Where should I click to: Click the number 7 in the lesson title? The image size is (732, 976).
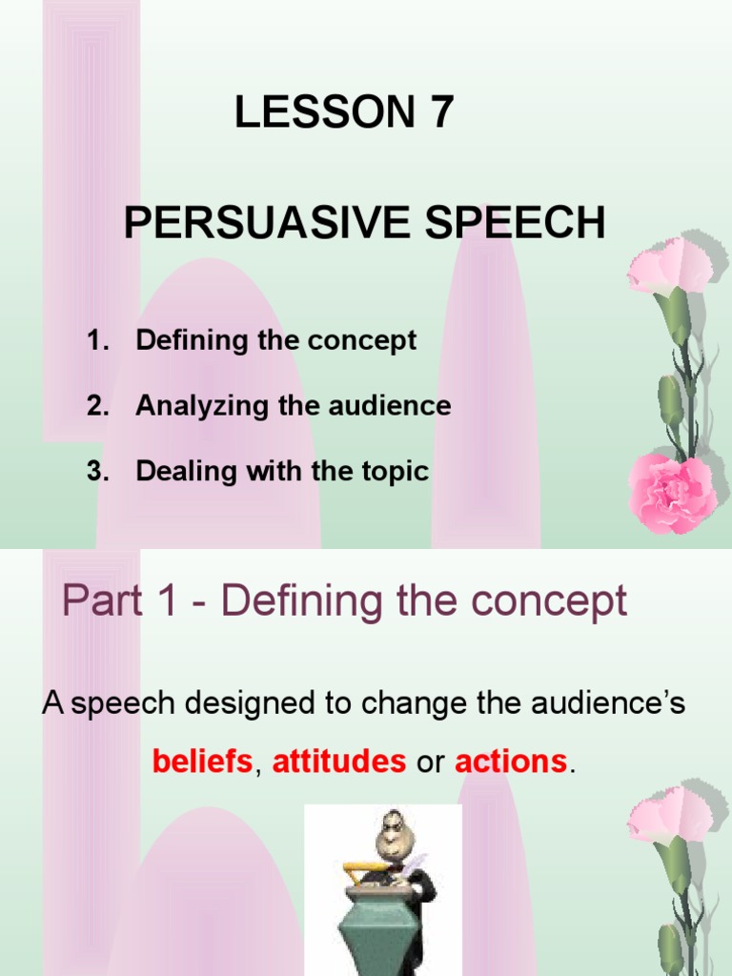point(439,113)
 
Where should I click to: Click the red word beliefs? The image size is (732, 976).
point(202,762)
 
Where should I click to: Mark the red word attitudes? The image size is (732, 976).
point(339,762)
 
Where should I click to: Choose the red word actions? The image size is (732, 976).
point(511,762)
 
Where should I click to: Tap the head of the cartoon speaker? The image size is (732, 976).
point(391,833)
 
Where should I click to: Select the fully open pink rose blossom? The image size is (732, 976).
point(671,490)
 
